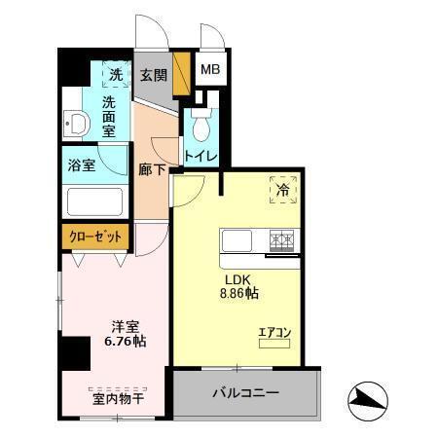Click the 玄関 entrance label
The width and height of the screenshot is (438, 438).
153,74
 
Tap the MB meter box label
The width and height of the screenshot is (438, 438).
210,70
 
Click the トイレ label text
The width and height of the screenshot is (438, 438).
201,155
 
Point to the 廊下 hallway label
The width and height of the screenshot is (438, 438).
150,167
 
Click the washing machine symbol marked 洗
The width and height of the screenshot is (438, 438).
116,74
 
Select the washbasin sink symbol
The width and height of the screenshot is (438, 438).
77,124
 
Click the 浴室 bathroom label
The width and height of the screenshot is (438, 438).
82,164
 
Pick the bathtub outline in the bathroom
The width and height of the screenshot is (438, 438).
94,201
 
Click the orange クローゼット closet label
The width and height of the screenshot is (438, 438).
95,236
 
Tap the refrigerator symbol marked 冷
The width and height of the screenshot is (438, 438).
281,191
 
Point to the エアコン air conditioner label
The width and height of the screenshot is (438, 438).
274,334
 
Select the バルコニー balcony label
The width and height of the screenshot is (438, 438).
246,394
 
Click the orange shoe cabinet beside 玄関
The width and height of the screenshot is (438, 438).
178,75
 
